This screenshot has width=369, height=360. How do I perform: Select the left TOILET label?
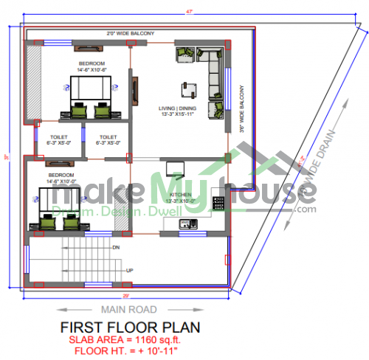(59, 138)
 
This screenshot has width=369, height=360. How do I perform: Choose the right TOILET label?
(108, 138)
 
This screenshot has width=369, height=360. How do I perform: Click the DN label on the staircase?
(116, 249)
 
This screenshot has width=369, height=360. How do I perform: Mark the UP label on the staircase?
(131, 269)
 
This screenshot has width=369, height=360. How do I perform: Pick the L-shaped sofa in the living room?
(212, 74)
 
